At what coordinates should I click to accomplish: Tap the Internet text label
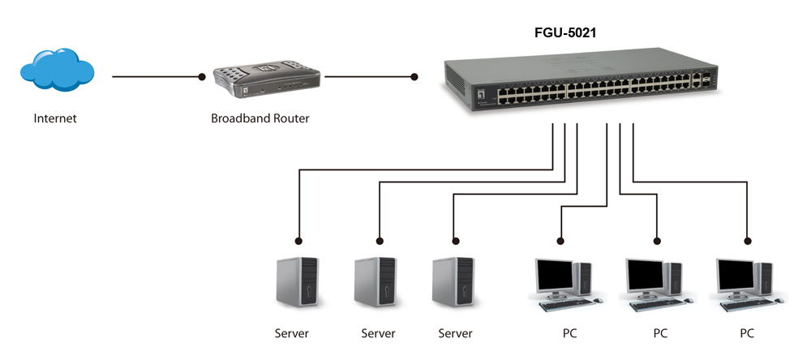point(54,118)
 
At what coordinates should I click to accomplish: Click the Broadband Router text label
point(260,118)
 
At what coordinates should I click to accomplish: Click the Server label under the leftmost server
point(292,333)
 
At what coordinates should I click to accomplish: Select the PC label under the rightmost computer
point(747,333)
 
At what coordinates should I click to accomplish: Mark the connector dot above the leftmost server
point(299,241)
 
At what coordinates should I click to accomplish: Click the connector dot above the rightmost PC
point(747,241)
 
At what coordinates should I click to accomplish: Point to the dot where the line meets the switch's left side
point(414,77)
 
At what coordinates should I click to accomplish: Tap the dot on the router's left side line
point(202,77)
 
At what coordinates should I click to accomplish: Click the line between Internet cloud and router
point(154,77)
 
